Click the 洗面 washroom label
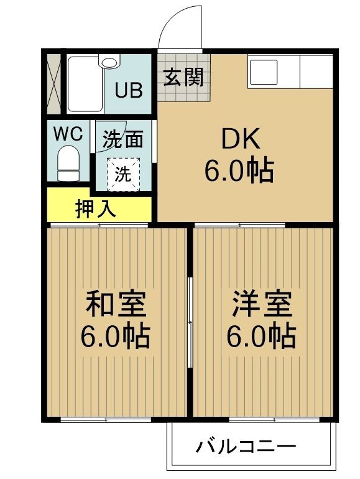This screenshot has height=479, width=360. pyautogui.click(x=122, y=139)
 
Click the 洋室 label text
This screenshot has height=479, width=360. pyautogui.click(x=261, y=305)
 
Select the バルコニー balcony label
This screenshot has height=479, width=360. pyautogui.click(x=246, y=446)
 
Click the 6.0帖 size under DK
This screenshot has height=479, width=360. pyautogui.click(x=239, y=169)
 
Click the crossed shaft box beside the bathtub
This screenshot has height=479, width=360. pyautogui.click(x=54, y=85)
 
